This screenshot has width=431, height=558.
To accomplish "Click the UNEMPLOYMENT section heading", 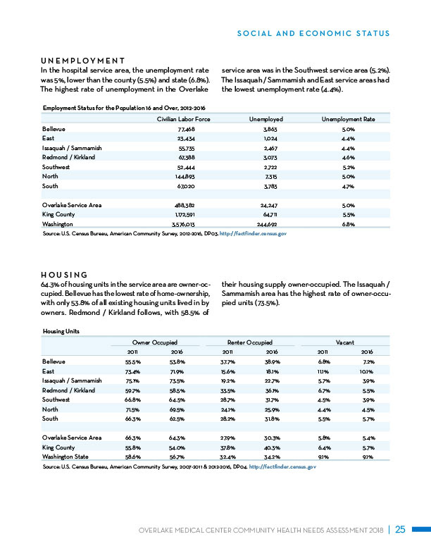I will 83,61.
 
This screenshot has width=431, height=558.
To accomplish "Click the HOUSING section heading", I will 64,274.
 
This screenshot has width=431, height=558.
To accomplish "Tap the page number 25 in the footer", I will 400,530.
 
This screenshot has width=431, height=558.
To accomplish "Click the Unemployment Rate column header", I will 348,120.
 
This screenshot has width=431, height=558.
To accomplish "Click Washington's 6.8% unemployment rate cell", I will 348,223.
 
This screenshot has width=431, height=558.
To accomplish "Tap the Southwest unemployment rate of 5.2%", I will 348,167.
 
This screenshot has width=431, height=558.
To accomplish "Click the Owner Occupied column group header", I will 156,341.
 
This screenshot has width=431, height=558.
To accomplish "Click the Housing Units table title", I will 61,329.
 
